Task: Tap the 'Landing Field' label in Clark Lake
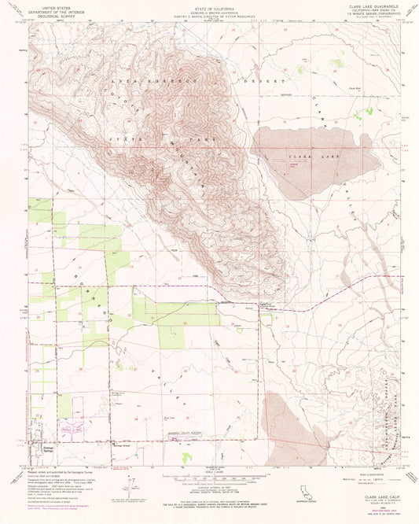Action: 292,164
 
